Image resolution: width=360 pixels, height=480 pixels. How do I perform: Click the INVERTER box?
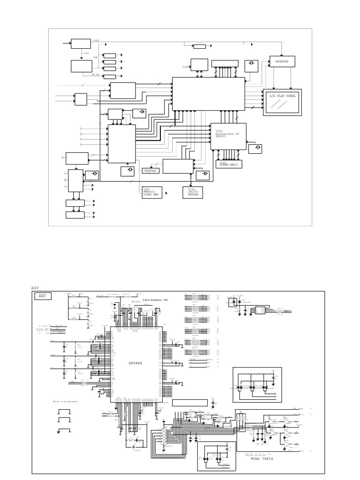pos(282,61)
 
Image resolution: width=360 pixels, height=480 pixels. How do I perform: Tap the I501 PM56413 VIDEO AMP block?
pos(152,192)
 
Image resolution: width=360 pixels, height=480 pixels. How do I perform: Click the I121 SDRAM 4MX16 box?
pos(229,164)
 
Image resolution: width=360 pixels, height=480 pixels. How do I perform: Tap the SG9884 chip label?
pos(135,363)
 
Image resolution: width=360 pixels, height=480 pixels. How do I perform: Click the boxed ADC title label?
pos(43,296)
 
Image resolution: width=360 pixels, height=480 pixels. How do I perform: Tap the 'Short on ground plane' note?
pos(63,402)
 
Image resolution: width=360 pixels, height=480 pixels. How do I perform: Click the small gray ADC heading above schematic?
pos(36,288)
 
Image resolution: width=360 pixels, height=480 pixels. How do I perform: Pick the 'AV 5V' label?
pos(95,74)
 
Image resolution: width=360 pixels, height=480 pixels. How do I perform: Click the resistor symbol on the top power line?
pos(199,46)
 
